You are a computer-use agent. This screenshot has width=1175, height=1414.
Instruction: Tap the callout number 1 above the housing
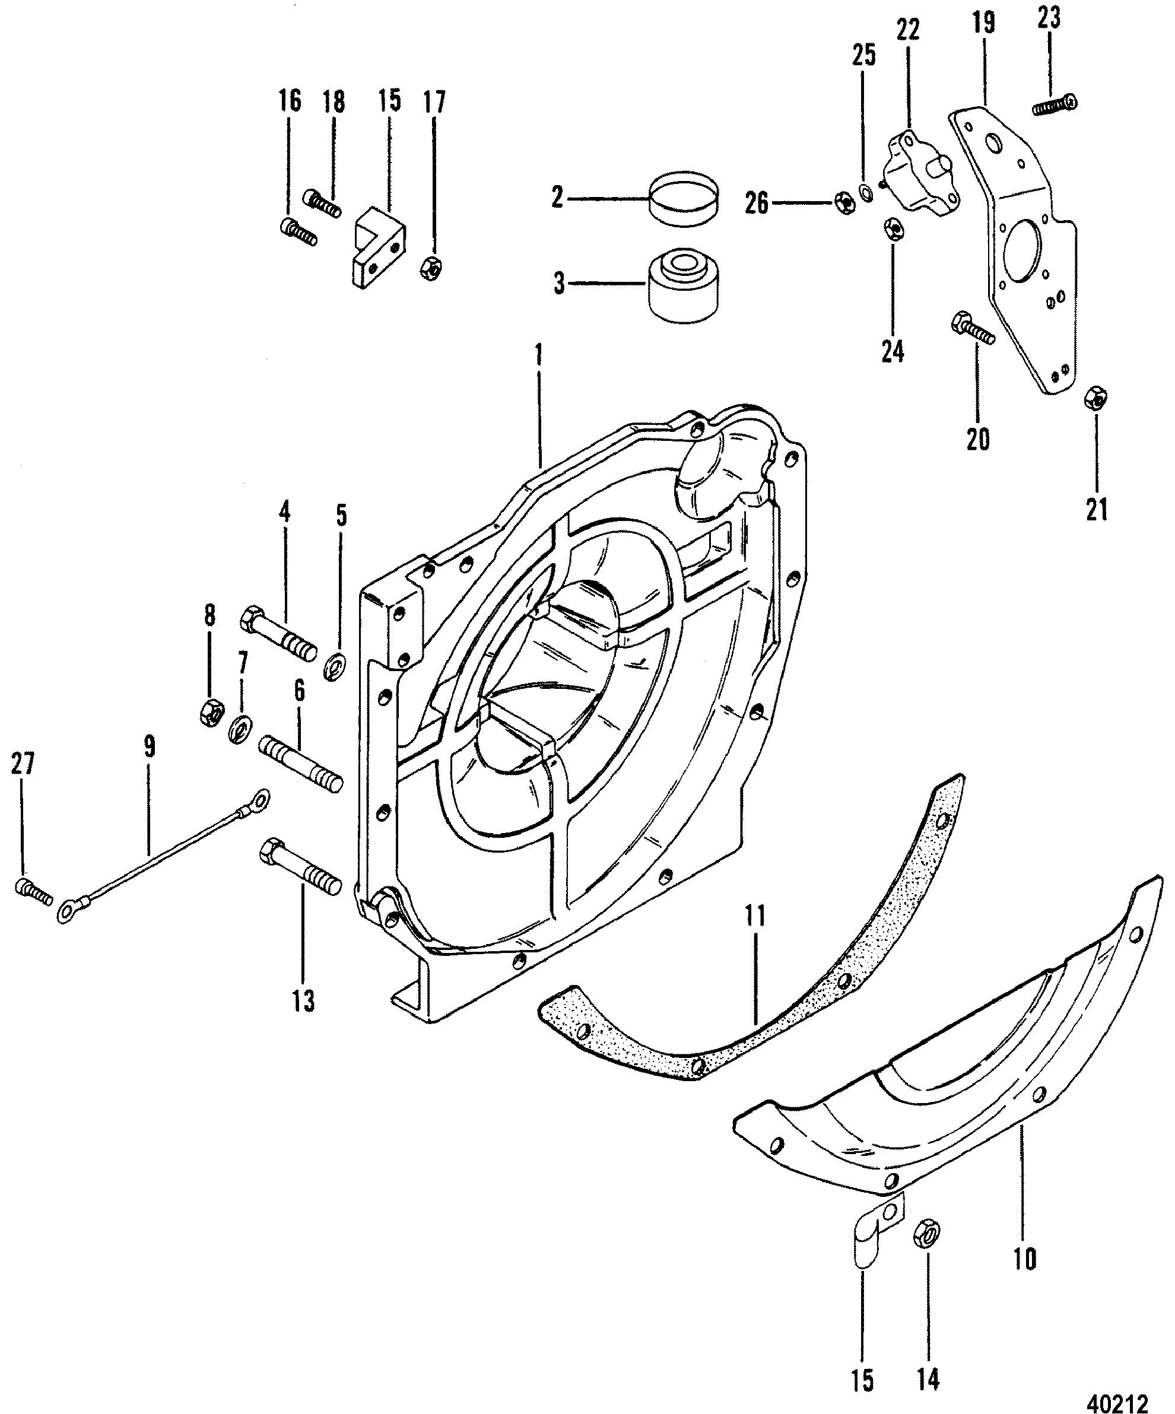click(x=539, y=355)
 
